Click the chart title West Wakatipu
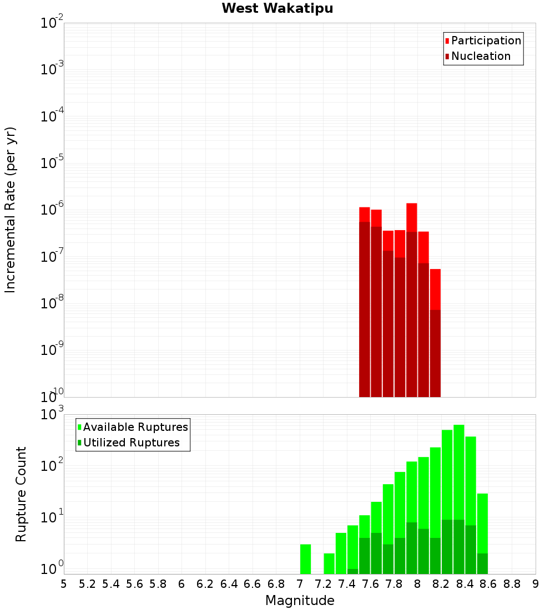click(x=277, y=9)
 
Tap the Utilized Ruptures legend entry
click(x=131, y=443)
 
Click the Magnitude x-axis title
click(x=300, y=601)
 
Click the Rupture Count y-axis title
click(x=21, y=494)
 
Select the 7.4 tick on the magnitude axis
click(x=347, y=584)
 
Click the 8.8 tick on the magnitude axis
click(x=512, y=584)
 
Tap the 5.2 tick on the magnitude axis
click(x=87, y=584)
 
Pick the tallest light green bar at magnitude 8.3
click(x=459, y=471)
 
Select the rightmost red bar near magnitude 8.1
click(x=435, y=288)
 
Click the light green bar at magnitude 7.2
click(x=329, y=563)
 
